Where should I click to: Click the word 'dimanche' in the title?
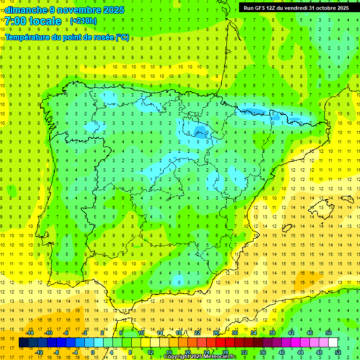click(23, 10)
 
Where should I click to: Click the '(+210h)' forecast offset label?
click(83, 21)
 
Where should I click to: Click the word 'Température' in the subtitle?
click(28, 37)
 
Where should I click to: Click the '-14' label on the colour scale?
click(30, 333)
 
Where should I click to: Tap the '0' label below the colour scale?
click(93, 352)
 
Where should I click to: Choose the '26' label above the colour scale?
click(216, 333)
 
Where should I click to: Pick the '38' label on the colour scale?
click(272, 333)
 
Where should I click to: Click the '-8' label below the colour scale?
click(56, 352)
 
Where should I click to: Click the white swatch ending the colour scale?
click(333, 343)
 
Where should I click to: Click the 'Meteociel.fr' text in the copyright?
click(220, 357)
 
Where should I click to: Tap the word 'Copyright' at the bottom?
click(179, 357)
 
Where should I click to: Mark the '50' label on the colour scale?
click(329, 333)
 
